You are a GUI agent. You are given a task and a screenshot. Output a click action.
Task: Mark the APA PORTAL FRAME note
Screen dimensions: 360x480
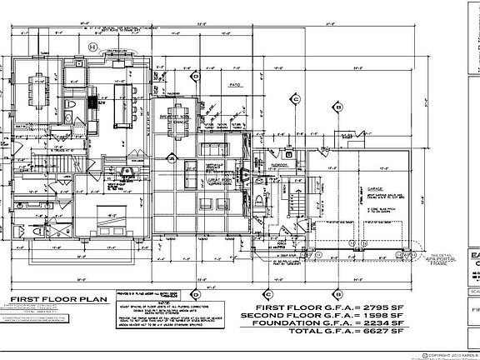[450, 260]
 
